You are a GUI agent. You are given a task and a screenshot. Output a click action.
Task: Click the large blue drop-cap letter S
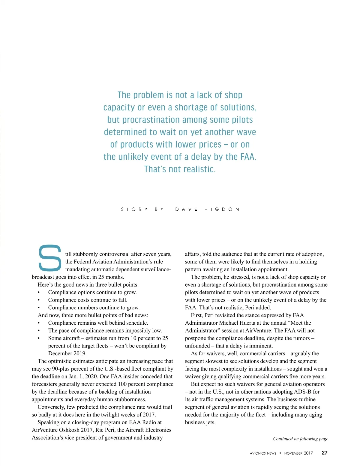pos(50,257)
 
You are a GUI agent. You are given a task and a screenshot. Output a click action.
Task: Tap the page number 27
pos(324,453)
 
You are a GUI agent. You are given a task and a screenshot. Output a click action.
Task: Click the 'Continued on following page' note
pos(300,439)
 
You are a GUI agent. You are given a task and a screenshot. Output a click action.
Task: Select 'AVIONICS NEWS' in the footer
pos(263,453)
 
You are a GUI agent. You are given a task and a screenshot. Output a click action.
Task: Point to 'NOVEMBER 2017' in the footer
pos(298,453)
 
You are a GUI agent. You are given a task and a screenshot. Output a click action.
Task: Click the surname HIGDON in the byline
pos(222,209)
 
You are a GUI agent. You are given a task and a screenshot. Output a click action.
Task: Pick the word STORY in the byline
pos(134,209)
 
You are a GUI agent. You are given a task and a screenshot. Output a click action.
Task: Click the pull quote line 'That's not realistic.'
pos(180,169)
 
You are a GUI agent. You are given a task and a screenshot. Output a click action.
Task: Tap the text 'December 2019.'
pos(67,353)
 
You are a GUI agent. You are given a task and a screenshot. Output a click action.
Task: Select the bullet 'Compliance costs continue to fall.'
pos(88,300)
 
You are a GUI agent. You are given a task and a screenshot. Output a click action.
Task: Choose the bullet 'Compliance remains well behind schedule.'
pos(98,323)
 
